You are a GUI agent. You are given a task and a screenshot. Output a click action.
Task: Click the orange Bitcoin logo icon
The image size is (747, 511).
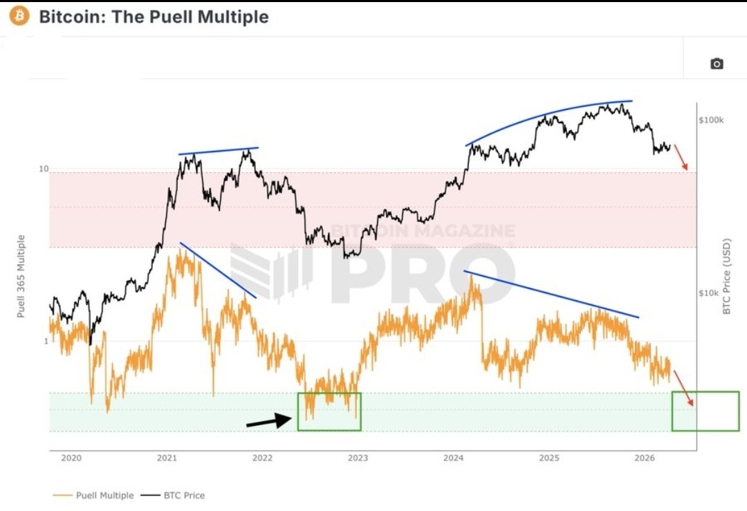point(19,16)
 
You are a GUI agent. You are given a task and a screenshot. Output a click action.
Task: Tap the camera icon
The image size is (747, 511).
point(717,64)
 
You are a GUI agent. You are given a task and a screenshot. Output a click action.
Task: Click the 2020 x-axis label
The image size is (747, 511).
point(71,458)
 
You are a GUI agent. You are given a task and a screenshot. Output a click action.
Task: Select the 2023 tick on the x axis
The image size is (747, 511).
point(358,458)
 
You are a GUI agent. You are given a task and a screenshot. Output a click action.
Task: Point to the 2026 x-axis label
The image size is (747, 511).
point(644,458)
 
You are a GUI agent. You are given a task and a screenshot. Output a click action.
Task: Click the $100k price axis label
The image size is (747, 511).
point(711,120)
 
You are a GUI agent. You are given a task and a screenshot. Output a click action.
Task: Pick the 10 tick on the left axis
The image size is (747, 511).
point(43,169)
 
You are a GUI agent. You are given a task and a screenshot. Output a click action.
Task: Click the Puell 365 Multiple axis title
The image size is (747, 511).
point(21,276)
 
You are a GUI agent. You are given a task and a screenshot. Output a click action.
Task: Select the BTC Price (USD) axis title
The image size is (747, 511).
point(726,277)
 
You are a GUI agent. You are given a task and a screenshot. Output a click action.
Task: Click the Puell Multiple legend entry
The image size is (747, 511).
point(93,495)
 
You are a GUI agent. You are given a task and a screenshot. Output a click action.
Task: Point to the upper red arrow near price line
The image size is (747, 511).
point(681,158)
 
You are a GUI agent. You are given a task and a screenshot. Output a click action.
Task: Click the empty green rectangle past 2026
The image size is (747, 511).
point(705,411)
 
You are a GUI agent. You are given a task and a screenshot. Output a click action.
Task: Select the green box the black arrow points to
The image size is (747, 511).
point(329,412)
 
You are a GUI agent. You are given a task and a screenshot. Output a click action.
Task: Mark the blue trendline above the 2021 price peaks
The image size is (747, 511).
point(218,151)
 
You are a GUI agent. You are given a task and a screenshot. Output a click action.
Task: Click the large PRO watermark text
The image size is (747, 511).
point(422,273)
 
